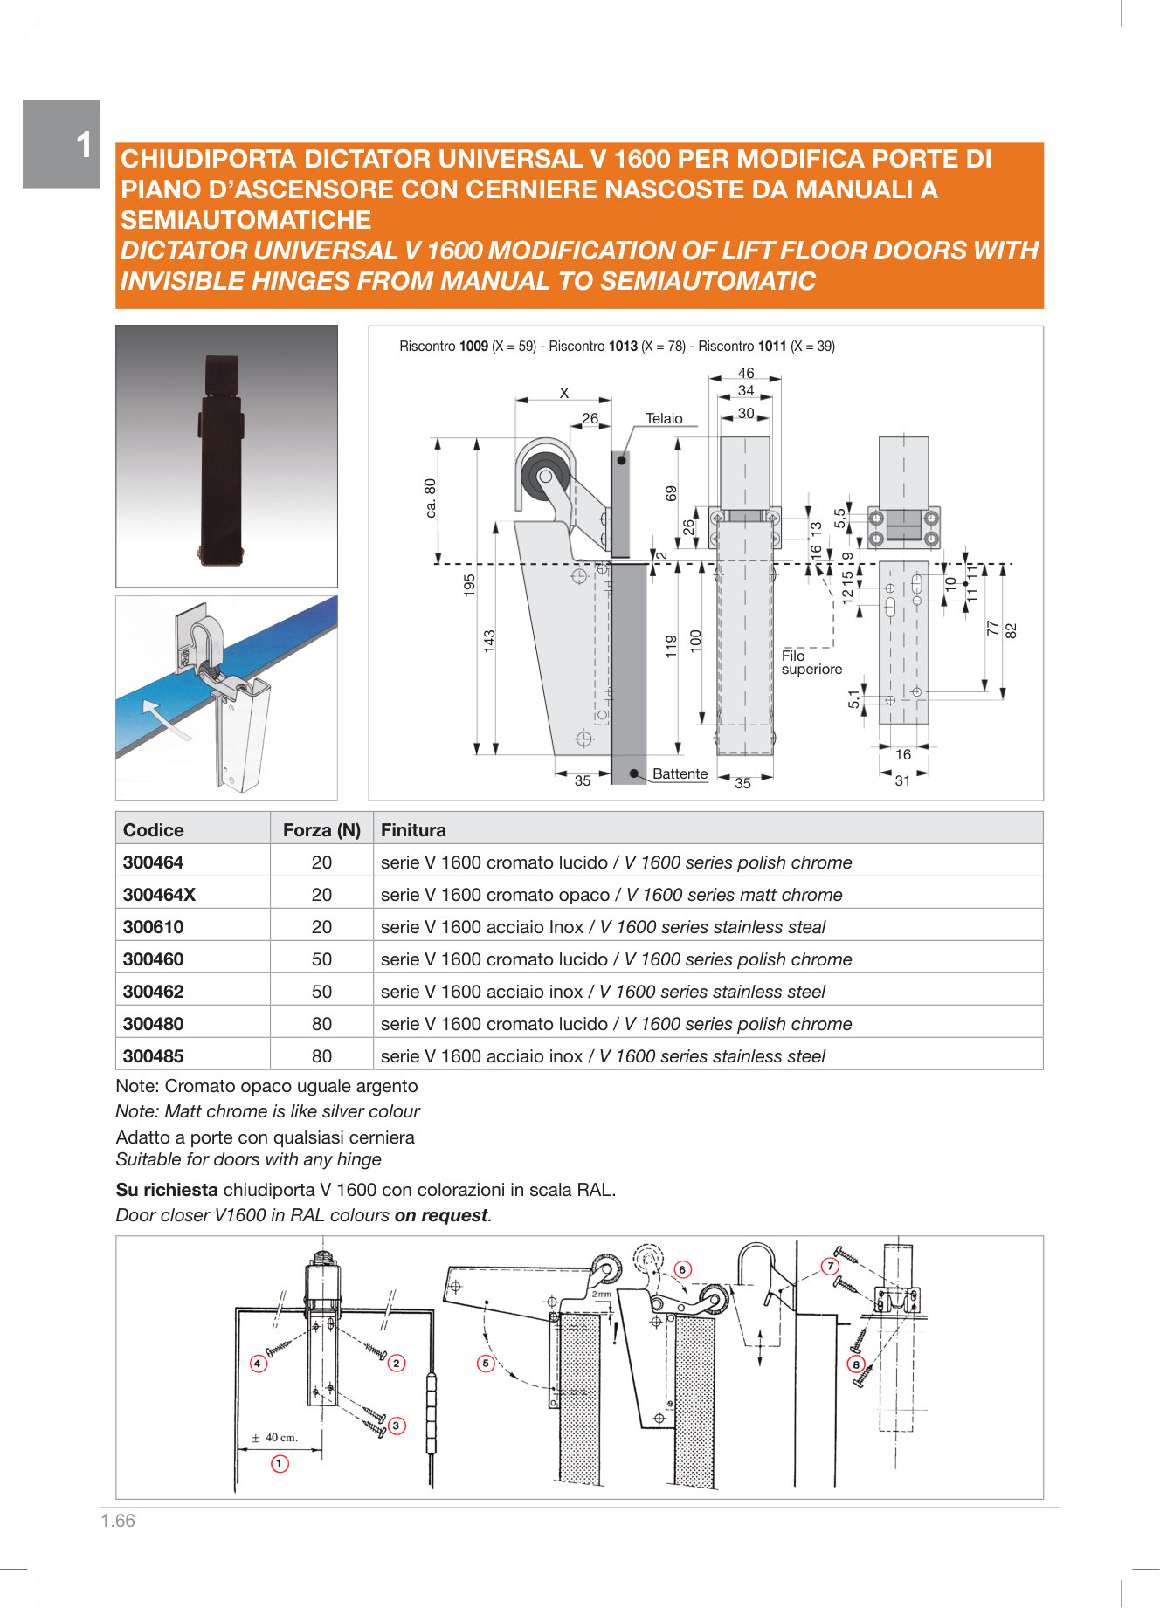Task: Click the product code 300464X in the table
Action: tap(159, 895)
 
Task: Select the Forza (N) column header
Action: tap(321, 830)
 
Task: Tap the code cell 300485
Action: tap(154, 1056)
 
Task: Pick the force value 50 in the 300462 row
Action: tap(321, 992)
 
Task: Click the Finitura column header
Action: tap(413, 830)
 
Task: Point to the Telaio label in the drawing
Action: tap(664, 419)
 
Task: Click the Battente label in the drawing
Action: tap(680, 774)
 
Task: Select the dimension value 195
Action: tap(470, 584)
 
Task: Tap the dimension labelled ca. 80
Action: tap(431, 498)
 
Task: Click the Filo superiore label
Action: tap(811, 663)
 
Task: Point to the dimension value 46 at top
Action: tap(745, 374)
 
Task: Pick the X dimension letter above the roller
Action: tap(564, 394)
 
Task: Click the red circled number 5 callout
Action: tap(486, 1363)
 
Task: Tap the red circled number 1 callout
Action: tap(280, 1464)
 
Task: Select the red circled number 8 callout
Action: tap(856, 1364)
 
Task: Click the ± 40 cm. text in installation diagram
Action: tap(275, 1437)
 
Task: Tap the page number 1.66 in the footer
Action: tap(118, 1521)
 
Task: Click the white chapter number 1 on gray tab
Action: tap(84, 146)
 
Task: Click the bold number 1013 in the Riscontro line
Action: tap(623, 347)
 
